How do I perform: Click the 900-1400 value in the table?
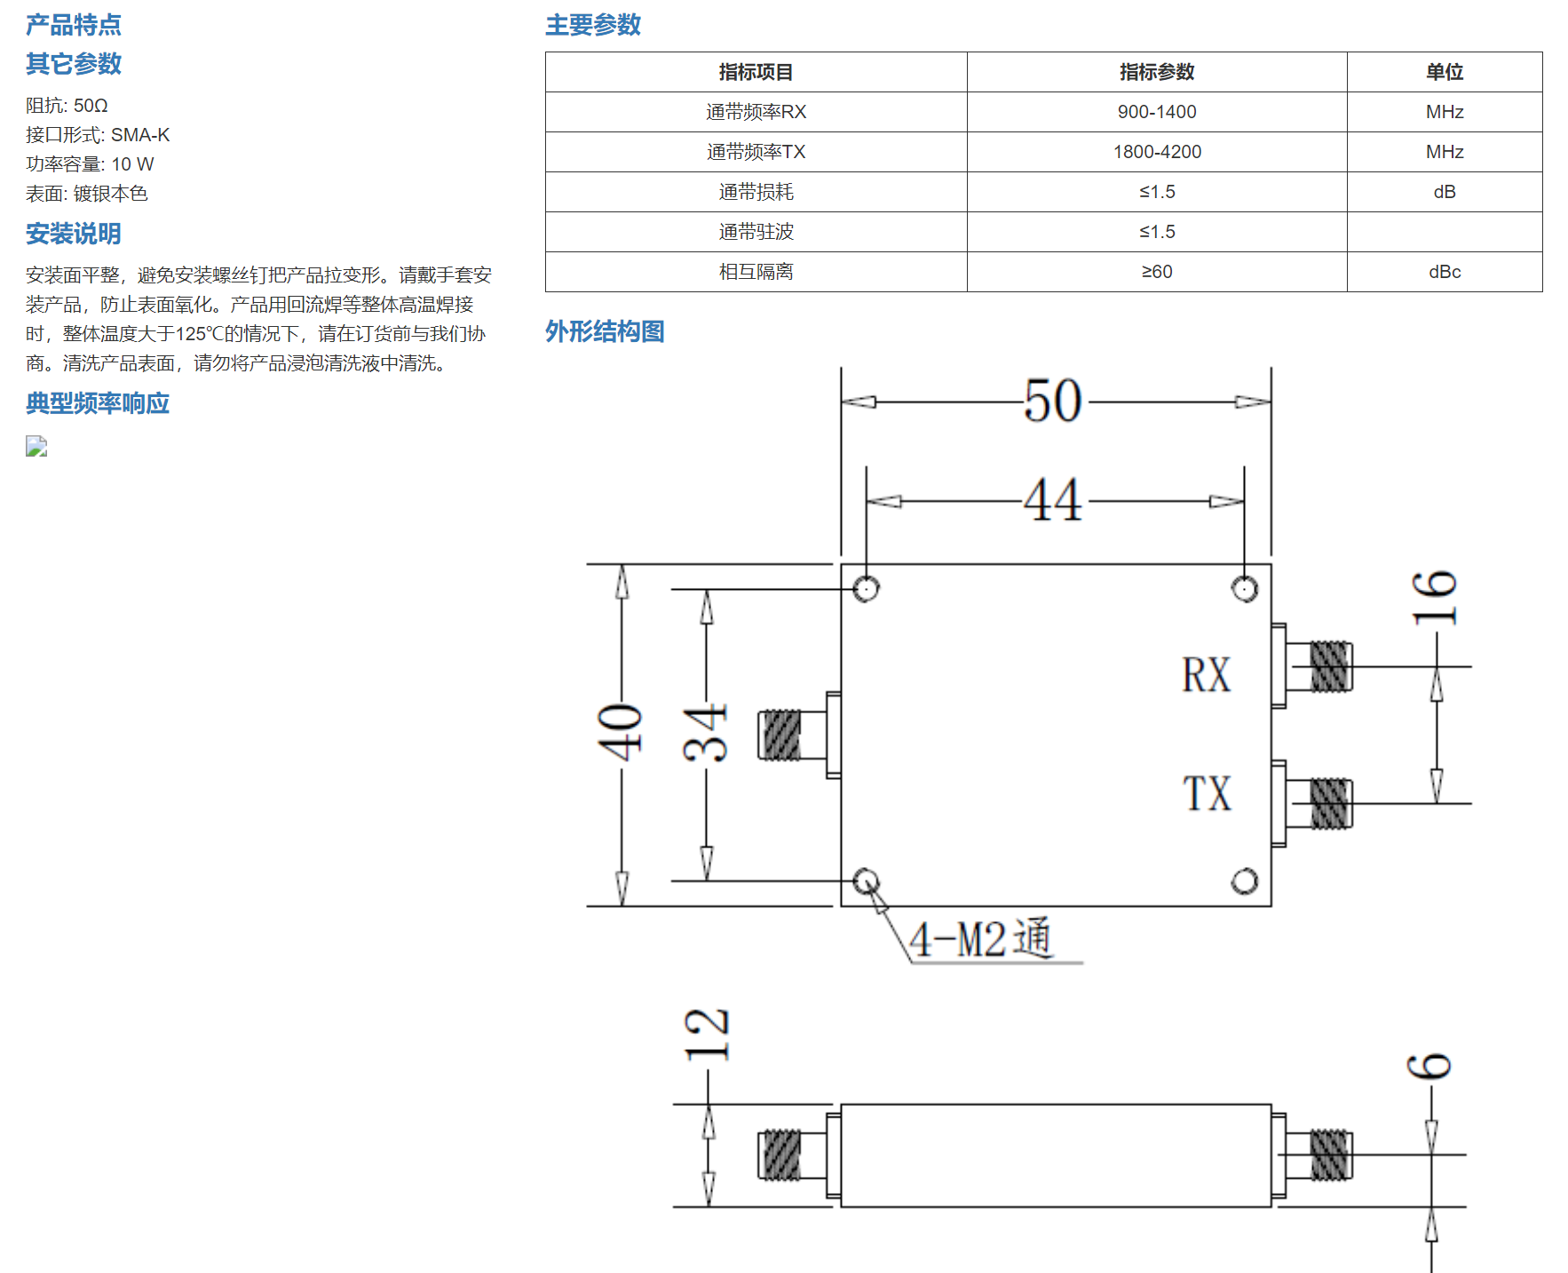click(1156, 112)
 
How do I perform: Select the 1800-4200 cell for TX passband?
click(1156, 152)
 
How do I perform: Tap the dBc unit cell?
click(1444, 272)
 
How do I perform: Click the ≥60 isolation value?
click(1156, 272)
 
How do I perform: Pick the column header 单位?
click(1444, 72)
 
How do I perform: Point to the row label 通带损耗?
click(756, 192)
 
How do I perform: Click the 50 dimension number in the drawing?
click(1053, 401)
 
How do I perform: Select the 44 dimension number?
click(1053, 499)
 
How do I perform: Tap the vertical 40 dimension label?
click(620, 732)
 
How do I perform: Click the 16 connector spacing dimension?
click(1435, 597)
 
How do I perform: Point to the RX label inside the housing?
click(1207, 674)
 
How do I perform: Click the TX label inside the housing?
click(1207, 793)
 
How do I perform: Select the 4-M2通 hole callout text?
click(981, 938)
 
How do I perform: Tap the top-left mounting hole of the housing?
click(867, 588)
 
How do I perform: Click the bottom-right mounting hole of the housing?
click(1245, 881)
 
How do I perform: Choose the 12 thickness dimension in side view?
click(707, 1035)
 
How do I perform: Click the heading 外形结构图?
click(605, 331)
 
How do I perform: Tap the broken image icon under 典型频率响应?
click(36, 446)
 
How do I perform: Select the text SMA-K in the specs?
click(140, 135)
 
